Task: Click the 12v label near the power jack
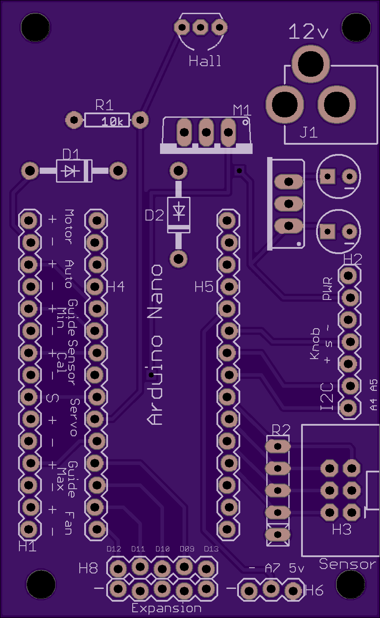click(x=309, y=31)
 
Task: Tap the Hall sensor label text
click(x=205, y=61)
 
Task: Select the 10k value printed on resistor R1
click(x=112, y=121)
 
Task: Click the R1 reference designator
click(x=104, y=105)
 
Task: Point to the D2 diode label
click(x=154, y=215)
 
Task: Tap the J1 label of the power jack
click(x=309, y=133)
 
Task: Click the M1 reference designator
click(x=242, y=111)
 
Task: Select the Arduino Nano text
click(x=155, y=345)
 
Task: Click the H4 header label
click(x=116, y=287)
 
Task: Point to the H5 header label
click(x=204, y=287)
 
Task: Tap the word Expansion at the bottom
click(x=166, y=608)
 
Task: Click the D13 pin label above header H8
click(x=211, y=549)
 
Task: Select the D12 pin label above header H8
click(x=114, y=549)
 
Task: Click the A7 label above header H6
click(x=273, y=568)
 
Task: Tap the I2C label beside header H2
click(x=327, y=397)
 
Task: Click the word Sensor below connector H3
click(x=347, y=564)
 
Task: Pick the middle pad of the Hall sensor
click(x=201, y=27)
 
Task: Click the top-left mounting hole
click(x=35, y=27)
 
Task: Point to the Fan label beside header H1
click(x=69, y=523)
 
